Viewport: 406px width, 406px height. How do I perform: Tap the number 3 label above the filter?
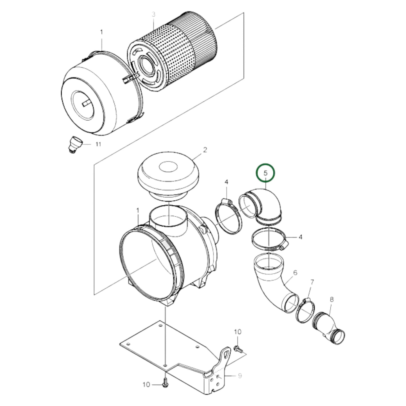154,15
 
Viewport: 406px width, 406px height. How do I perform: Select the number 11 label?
98,144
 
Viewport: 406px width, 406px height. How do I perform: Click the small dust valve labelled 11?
75,143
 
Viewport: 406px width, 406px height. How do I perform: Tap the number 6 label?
295,272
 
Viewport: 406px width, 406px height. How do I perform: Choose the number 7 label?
312,282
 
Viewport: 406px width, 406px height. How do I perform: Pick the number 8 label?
332,300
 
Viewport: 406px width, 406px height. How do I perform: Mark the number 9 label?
240,376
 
